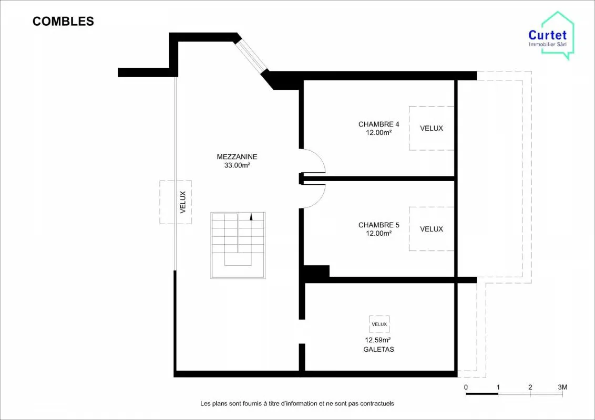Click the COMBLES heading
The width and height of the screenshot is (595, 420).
pos(63,21)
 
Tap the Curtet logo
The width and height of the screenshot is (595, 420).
pos(551,36)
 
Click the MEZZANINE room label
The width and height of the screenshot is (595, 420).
pos(237,156)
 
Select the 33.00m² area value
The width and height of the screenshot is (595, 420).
pos(237,165)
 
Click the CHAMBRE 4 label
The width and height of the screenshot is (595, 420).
pos(378,124)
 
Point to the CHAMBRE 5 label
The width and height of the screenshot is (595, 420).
pos(378,225)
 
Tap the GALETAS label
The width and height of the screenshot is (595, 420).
pos(378,349)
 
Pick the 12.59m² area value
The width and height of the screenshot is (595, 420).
pos(378,340)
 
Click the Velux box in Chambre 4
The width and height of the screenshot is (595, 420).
pos(432,128)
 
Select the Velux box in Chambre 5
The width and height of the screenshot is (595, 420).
pos(432,229)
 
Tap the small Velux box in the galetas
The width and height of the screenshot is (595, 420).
pos(379,324)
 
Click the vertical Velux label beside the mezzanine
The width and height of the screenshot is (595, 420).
pos(183,202)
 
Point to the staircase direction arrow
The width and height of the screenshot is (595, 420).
pos(251,216)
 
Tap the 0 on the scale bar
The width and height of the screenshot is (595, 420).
pos(466,387)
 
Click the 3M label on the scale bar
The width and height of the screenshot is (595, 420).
pos(562,387)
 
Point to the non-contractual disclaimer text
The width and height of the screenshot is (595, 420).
pos(297,404)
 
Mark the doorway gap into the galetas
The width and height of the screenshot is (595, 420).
pos(302,331)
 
